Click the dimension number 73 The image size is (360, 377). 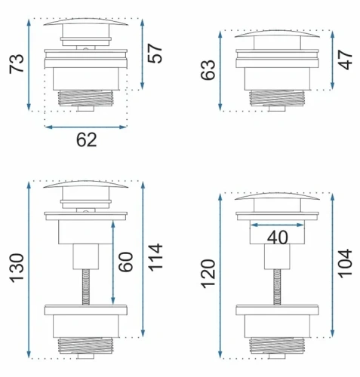click(17, 64)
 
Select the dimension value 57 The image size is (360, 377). click(155, 54)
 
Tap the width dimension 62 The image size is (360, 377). click(87, 140)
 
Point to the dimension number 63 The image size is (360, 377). click(208, 70)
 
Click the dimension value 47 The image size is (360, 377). click(345, 60)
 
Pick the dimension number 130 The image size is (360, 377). click(17, 268)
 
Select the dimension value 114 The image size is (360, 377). click(155, 257)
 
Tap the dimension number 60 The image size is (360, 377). click(125, 262)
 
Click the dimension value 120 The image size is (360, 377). click(208, 274)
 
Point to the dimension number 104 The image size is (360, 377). click(345, 264)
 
